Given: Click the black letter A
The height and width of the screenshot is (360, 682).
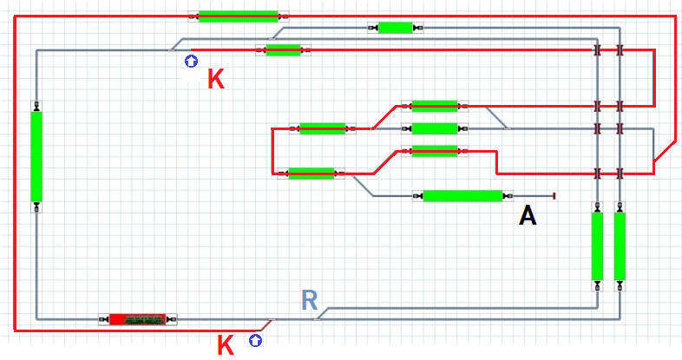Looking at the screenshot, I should (x=528, y=215).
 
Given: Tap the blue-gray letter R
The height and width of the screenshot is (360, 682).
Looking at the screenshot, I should (x=310, y=300).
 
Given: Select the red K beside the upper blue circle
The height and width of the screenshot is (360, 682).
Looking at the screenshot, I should (x=216, y=81).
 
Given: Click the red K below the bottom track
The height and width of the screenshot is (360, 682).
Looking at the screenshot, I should (x=226, y=345).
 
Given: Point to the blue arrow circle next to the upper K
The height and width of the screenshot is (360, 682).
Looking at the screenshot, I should (x=191, y=62).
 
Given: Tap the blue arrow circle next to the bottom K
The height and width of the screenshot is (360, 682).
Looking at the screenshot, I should (x=255, y=341).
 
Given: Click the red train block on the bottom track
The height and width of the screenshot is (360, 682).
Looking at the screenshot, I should (x=138, y=320).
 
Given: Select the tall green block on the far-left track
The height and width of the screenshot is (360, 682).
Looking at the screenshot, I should (x=36, y=156).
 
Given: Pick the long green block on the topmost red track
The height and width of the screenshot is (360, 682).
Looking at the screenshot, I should (x=238, y=16).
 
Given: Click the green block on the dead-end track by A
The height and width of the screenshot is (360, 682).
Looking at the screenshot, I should (x=462, y=196).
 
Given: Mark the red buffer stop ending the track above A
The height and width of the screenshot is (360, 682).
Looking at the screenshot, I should (x=553, y=196).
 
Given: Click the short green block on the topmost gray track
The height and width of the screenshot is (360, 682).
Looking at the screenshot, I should (x=395, y=28).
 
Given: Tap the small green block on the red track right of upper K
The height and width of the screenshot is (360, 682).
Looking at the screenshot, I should (x=283, y=50).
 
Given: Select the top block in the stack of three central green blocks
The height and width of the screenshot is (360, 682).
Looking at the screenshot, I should (x=434, y=106).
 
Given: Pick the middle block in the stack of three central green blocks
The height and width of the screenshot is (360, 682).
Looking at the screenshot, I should (x=434, y=128).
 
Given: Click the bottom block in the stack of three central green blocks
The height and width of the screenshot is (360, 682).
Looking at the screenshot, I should (x=434, y=151).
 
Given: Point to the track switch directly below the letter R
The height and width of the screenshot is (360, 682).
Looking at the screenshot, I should (x=317, y=319).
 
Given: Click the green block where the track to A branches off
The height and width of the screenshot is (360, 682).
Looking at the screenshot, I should (x=311, y=173).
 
